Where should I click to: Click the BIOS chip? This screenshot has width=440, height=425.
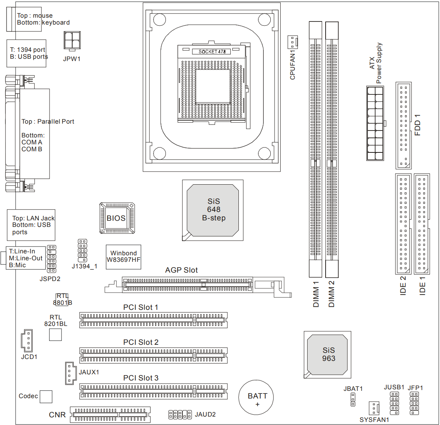point(117,218)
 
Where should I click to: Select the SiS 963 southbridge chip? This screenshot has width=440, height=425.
point(329,354)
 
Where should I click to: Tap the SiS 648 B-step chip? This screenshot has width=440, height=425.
point(213,210)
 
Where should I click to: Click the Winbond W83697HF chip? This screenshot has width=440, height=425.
point(123,257)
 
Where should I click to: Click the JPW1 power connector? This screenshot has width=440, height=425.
point(72,40)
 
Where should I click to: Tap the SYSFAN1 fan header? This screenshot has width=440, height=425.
point(374,408)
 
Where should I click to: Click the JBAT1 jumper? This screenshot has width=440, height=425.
point(353,400)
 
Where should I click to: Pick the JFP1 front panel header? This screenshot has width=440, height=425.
point(414,403)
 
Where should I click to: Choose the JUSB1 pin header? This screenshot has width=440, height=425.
point(394,403)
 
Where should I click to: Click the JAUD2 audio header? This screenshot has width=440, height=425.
point(180,415)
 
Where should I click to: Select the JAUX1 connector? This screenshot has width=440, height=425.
point(70,373)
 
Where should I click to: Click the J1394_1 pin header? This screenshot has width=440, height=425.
point(83,251)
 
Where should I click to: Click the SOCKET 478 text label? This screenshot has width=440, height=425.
point(212,51)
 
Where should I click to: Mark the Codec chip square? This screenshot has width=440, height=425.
point(46,397)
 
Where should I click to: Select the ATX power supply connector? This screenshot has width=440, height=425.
point(375,123)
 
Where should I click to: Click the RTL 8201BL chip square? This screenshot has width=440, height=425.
point(55,334)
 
